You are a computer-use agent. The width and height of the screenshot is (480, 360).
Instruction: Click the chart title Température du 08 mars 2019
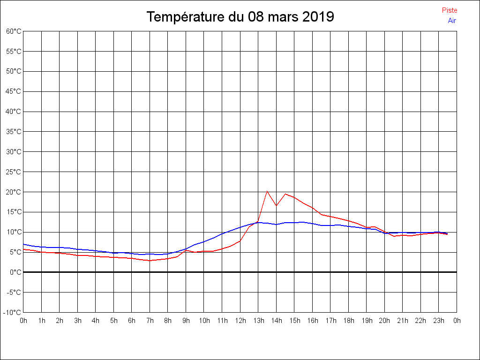(240, 17)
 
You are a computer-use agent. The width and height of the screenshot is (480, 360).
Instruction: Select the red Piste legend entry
(449, 10)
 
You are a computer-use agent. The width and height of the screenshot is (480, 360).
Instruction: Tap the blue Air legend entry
(452, 21)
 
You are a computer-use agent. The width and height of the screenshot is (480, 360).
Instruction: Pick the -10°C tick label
(13, 313)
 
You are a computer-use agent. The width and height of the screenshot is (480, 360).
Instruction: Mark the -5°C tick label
(14, 292)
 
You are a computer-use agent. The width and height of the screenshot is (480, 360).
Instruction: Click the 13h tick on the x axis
(258, 321)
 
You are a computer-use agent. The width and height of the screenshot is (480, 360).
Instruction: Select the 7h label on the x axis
(150, 321)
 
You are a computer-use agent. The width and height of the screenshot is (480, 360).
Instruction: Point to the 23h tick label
(439, 321)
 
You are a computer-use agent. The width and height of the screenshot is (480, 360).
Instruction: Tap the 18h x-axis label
(349, 321)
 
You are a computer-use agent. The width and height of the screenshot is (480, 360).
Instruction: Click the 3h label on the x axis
(78, 321)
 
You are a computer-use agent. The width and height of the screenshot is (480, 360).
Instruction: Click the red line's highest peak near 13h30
(267, 191)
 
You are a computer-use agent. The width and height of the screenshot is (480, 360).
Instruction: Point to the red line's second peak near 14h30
(285, 194)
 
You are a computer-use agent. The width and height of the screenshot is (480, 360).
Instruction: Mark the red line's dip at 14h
(276, 205)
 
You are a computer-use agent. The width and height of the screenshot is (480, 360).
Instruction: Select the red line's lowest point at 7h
(150, 261)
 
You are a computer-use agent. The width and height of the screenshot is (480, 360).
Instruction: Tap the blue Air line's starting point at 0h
(24, 244)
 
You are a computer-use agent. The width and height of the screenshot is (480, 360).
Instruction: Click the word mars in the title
(283, 17)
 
